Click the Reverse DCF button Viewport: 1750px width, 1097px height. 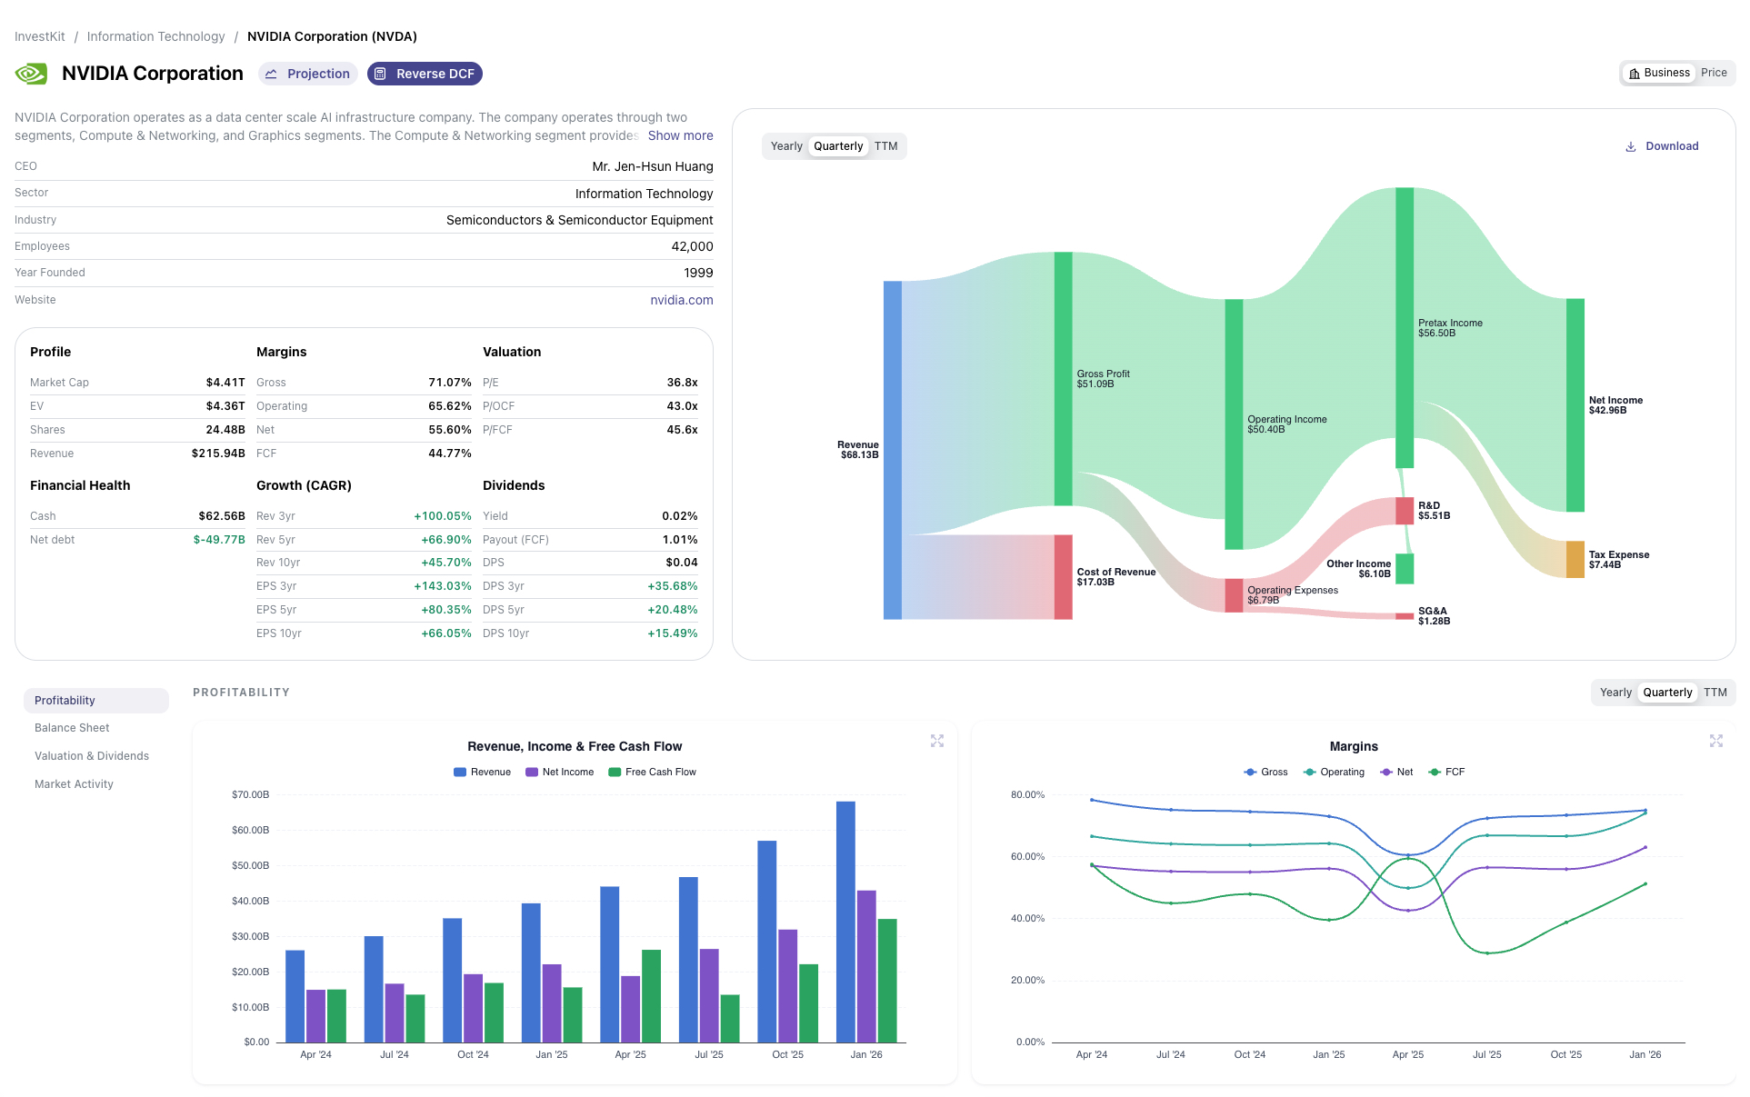coord(425,74)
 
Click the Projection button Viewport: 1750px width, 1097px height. coord(308,74)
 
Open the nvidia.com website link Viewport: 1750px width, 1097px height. coord(681,300)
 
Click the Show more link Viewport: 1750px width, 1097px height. coord(680,135)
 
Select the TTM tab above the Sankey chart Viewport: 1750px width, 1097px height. coord(885,146)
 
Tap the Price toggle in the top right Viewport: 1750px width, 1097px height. coord(1713,73)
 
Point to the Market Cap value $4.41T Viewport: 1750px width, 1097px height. coord(225,383)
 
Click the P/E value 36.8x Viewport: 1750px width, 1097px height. coord(682,383)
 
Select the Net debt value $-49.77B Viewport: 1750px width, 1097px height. coord(219,540)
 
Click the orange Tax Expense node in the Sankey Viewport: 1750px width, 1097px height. coord(1575,559)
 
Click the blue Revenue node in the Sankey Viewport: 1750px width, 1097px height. coord(892,450)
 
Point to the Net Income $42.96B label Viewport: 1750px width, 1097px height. coord(1615,405)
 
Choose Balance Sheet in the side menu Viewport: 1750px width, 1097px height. coord(72,728)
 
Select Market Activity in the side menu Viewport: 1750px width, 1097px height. coord(74,784)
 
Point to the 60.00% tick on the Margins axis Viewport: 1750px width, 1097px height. coord(1027,856)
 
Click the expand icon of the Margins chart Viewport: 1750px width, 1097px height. coord(1715,741)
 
